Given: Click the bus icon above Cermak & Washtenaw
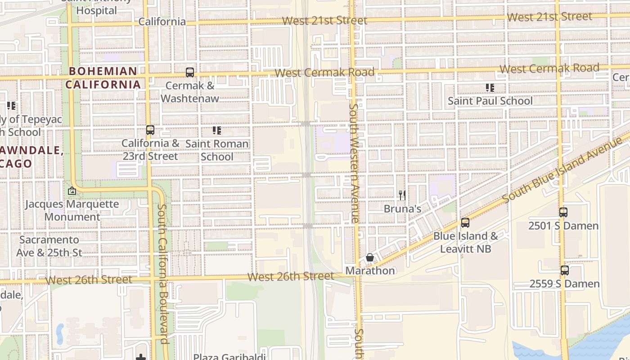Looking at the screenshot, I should point(190,72).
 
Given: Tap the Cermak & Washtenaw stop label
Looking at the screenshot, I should point(190,92).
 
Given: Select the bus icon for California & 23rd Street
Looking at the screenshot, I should point(150,130).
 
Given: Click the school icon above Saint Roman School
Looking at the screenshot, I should point(217,130).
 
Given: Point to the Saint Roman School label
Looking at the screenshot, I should point(217,150).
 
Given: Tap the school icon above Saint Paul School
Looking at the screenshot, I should point(490,88).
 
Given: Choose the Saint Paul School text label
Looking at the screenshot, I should point(490,101).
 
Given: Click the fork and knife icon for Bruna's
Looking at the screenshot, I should point(402,195).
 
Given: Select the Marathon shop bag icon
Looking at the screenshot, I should point(369,257).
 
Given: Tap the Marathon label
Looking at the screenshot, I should point(370,270).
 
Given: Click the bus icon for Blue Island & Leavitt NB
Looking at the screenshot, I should point(465,223).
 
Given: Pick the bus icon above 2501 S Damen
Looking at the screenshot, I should point(563,212).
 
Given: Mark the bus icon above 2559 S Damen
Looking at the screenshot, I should point(564,270).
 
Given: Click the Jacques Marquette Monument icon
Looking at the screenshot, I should point(72,191).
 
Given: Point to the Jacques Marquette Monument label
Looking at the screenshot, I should point(72,210).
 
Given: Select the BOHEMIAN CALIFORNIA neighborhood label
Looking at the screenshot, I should point(103,77).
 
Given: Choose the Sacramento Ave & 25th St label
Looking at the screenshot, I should point(49,246).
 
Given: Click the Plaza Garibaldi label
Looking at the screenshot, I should point(228,356).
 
